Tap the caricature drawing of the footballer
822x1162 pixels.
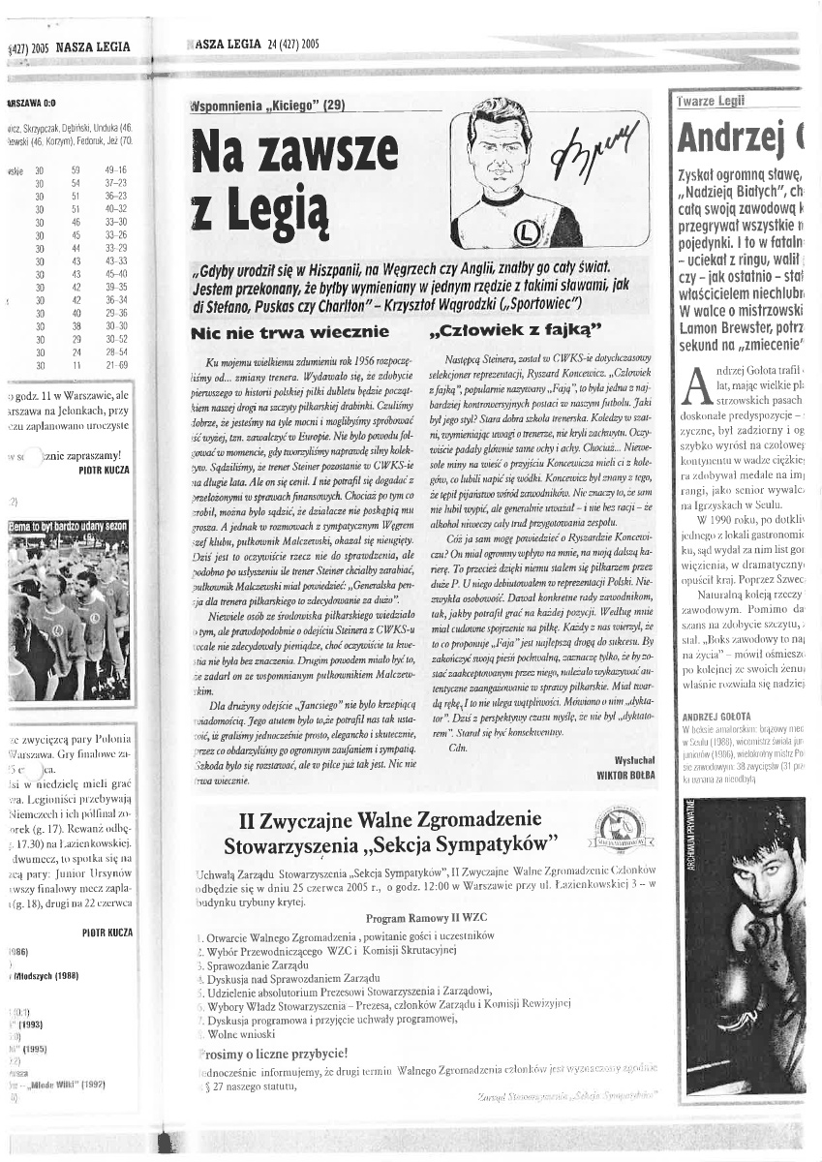[x=504, y=179]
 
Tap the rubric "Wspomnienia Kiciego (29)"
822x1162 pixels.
[x=266, y=106]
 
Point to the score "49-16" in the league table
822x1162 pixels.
[x=116, y=170]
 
